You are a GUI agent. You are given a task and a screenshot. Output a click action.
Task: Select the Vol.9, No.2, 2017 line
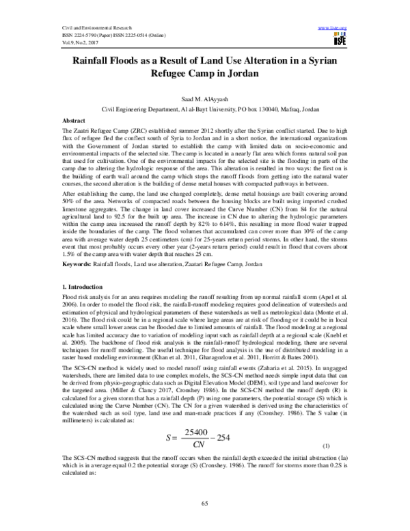click(x=60, y=42)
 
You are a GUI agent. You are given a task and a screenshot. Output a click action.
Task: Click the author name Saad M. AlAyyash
click(x=204, y=99)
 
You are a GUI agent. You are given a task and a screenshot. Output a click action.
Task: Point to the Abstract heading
click(x=73, y=120)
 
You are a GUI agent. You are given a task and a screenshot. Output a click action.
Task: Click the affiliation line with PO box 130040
click(x=204, y=109)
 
